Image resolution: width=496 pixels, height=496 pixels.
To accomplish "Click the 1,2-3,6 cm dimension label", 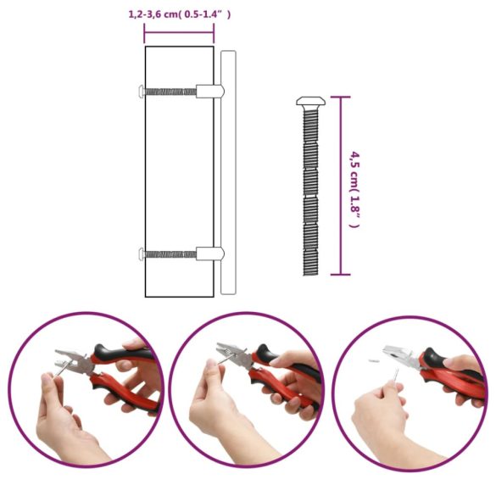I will (179, 14).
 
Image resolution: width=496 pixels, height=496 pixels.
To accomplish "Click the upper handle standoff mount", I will (209, 90).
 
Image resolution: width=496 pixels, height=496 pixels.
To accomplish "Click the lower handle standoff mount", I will (209, 253).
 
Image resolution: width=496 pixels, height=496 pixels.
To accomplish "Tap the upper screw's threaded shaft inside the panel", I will (170, 90).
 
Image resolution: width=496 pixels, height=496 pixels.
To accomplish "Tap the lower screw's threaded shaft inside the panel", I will (170, 253).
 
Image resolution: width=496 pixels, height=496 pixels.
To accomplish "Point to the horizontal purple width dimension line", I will (179, 33).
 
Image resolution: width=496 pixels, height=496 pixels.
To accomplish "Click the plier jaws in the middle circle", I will (232, 356).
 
